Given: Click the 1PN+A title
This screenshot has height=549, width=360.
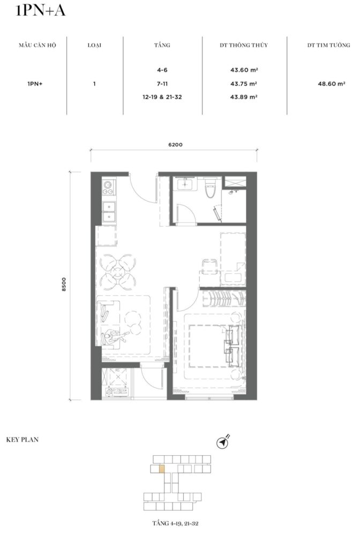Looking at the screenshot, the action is tap(41, 11).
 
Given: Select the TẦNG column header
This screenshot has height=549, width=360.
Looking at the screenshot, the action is tap(162, 45).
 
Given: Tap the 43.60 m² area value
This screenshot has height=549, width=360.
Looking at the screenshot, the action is tap(244, 70).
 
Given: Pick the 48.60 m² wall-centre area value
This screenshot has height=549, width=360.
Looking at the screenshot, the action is tap(331, 84).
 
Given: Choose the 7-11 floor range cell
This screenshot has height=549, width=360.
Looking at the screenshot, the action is tap(162, 84).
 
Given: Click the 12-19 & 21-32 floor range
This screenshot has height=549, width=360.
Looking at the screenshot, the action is tap(162, 97).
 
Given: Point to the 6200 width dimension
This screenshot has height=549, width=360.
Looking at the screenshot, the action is tap(175, 145).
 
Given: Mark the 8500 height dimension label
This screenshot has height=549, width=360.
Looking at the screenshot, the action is tap(64, 284).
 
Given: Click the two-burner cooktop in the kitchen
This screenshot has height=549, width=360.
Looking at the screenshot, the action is tap(109, 187).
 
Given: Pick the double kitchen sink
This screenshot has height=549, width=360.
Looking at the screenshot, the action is tap(109, 212).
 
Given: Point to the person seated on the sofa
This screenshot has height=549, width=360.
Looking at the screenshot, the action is tap(114, 337).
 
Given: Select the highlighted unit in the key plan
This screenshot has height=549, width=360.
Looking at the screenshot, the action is tap(162, 469).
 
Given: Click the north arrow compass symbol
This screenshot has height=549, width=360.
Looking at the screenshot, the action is tap(222, 442).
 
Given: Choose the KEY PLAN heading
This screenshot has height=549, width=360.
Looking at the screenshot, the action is tap(22, 440).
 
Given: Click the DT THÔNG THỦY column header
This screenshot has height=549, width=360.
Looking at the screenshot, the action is tap(244, 45).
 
